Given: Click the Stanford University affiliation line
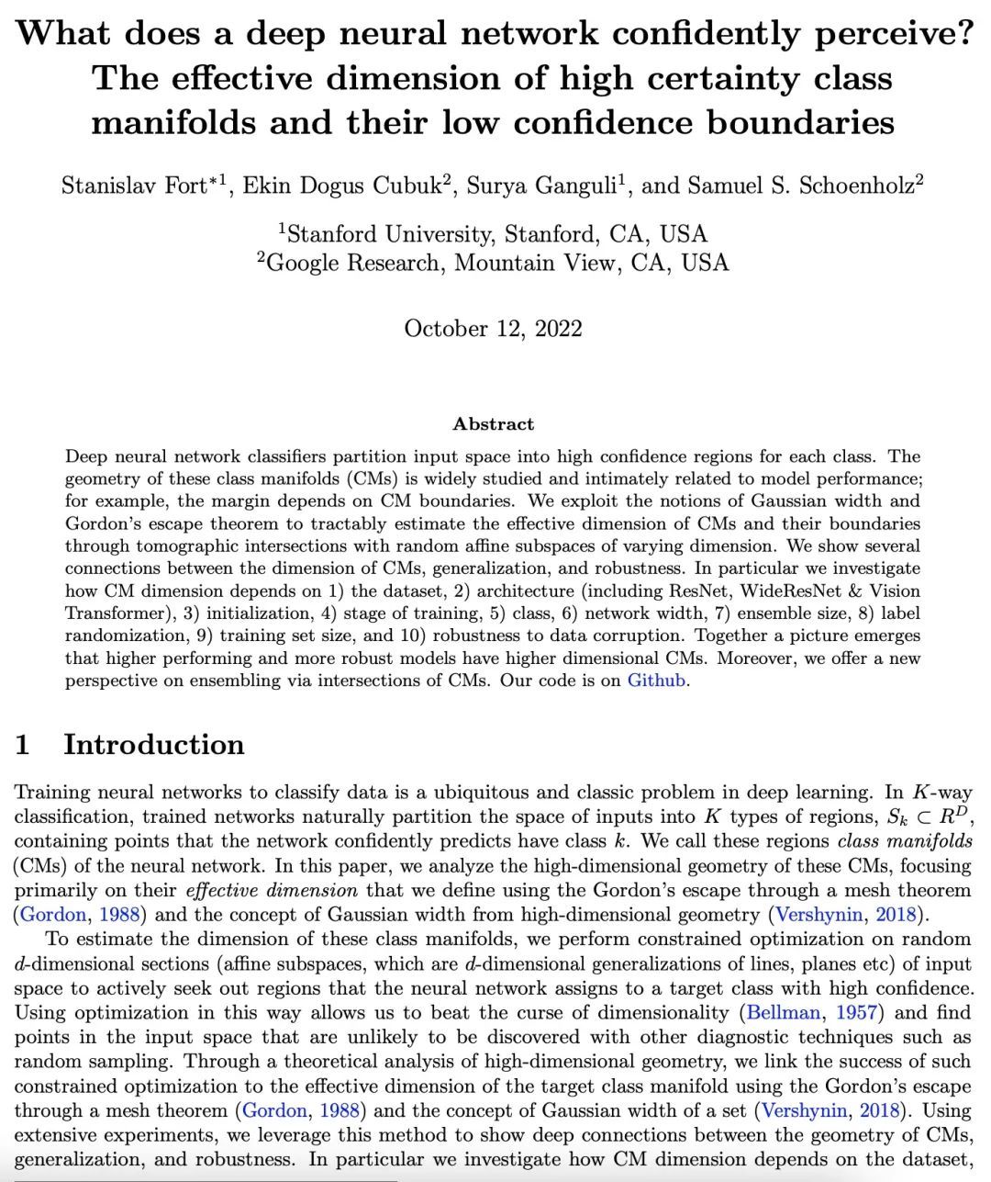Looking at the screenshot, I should click(x=493, y=233).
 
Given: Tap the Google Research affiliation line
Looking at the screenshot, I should click(x=493, y=264).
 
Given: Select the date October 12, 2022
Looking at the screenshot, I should click(x=493, y=329).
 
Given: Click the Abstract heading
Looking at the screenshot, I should click(x=493, y=424).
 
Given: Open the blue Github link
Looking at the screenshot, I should click(x=656, y=681).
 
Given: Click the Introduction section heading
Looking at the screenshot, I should click(x=153, y=744).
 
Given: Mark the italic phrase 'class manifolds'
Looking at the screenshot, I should click(x=905, y=841).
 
